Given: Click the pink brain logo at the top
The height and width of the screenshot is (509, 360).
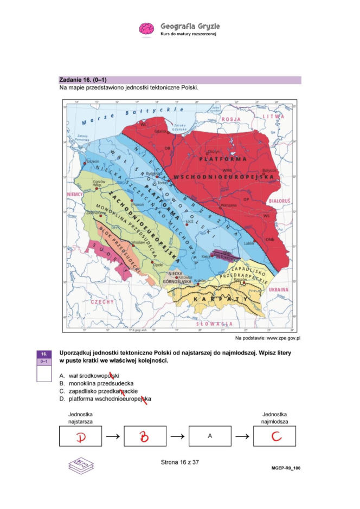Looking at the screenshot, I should click(x=147, y=29).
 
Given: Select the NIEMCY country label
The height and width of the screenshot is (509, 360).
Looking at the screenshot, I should click(x=75, y=194).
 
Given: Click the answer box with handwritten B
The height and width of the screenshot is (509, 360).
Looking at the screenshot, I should click(x=144, y=436).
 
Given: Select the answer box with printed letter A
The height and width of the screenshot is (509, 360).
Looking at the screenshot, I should click(x=209, y=436).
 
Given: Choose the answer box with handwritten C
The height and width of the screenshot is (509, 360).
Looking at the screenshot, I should click(x=274, y=436).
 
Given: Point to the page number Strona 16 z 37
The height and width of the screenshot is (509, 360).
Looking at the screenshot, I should click(x=181, y=462).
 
